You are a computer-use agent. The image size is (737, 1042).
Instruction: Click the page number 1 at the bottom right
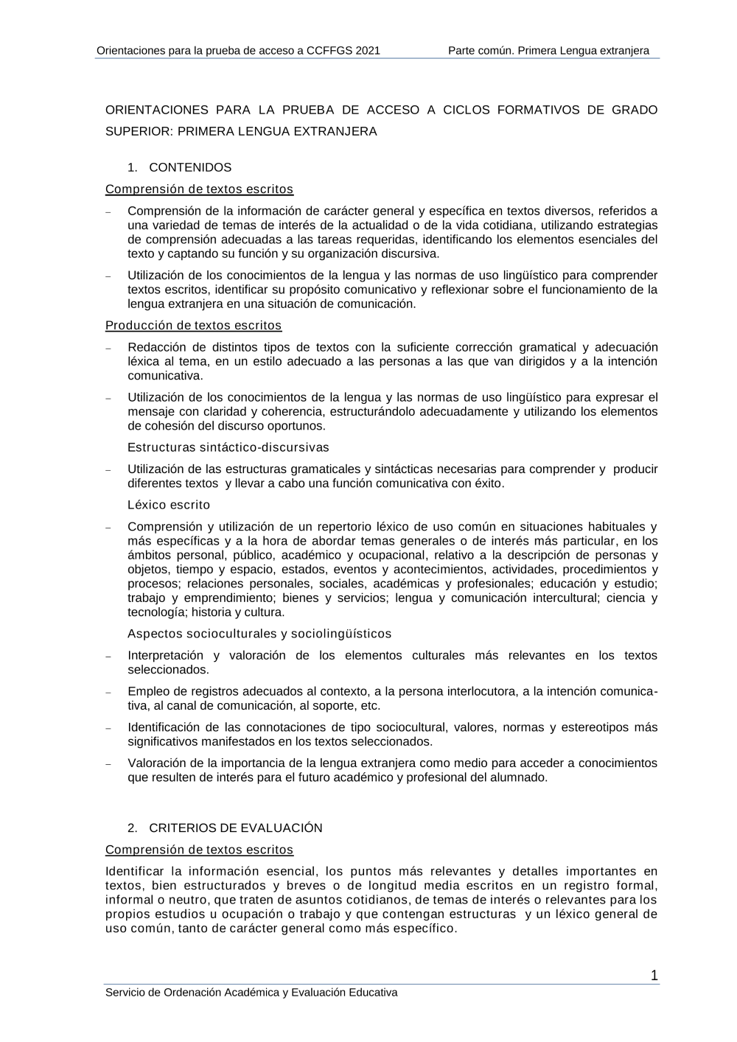pos(654,976)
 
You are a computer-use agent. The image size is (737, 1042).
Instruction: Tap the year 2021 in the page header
pos(368,51)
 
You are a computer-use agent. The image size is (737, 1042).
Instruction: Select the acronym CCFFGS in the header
pos(329,51)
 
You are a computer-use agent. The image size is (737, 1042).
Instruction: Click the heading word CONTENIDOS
pos(190,167)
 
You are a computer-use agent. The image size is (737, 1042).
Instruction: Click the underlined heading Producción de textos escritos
pos(193,325)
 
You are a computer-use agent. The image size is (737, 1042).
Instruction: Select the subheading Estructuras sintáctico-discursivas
pos(228,447)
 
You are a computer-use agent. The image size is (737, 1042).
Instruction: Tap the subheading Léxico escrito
pos(169,505)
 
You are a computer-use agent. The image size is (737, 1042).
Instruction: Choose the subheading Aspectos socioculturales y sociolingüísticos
pos(259,634)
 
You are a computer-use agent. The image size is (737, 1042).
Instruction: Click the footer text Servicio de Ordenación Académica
pos(193,993)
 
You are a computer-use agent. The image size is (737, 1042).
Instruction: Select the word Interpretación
pos(165,655)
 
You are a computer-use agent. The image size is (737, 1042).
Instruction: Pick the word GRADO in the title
pos(635,110)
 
